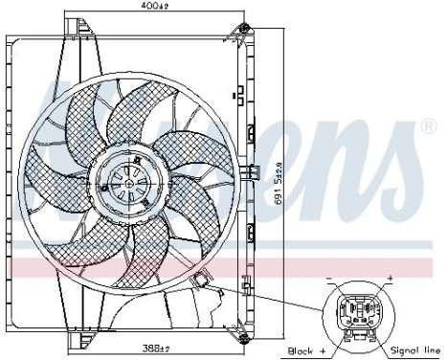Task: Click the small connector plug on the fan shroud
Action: pyautogui.click(x=200, y=281)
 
